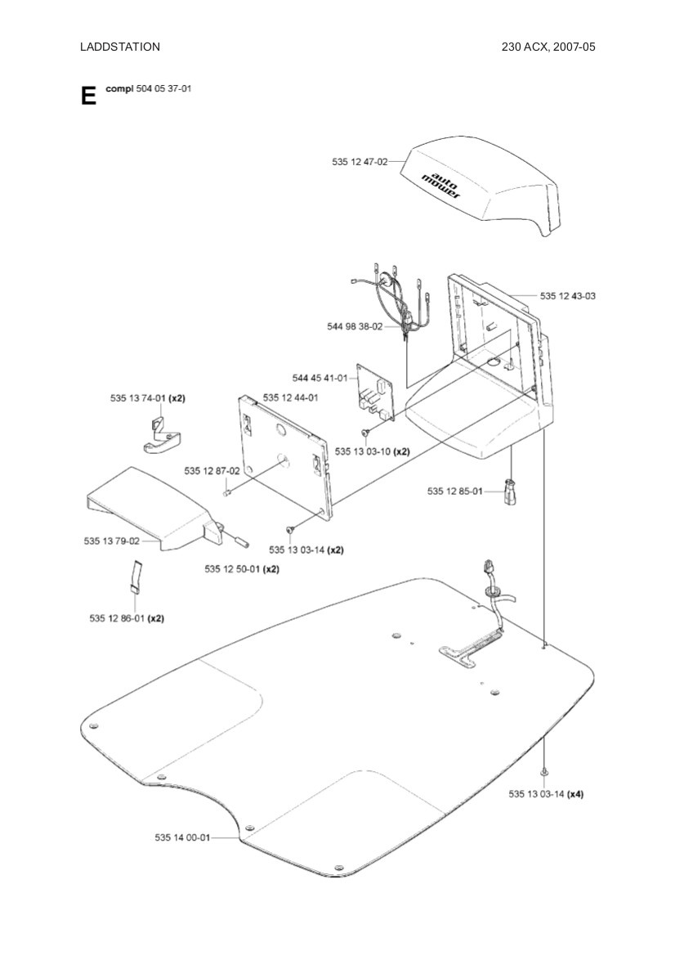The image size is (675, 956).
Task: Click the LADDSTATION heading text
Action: tap(119, 47)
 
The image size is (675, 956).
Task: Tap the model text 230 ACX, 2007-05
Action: tap(548, 47)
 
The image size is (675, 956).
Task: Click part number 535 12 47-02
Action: tap(360, 162)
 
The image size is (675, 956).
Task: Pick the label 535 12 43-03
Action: tap(568, 295)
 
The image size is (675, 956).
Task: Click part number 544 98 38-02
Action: tap(355, 326)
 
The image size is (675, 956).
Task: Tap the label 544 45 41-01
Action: tap(320, 378)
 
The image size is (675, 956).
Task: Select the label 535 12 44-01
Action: tap(290, 397)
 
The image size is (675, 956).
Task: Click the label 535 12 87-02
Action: tap(212, 470)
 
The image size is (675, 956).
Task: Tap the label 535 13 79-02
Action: tap(111, 541)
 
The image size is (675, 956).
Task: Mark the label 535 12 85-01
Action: tap(455, 491)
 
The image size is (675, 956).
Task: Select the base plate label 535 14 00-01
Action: tap(182, 837)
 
